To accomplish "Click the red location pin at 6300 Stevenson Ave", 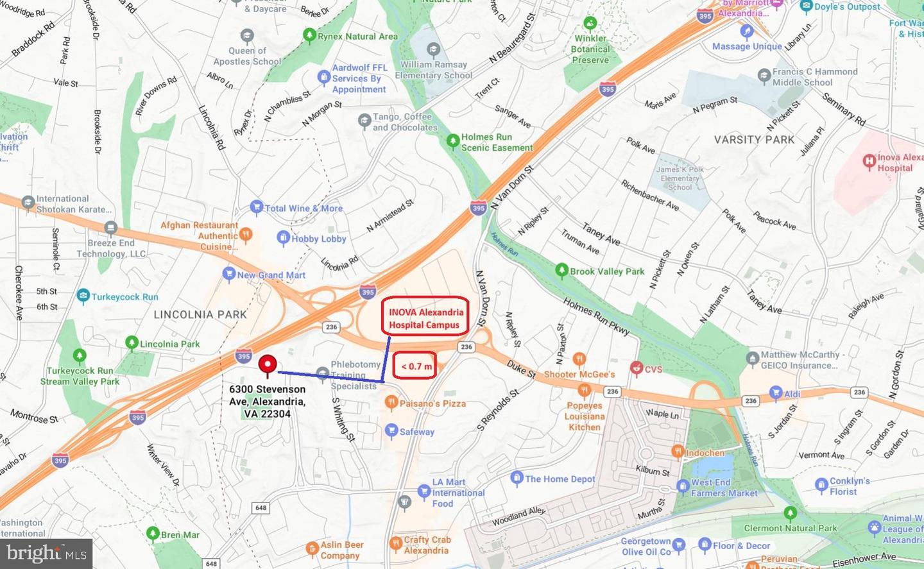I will (268, 365).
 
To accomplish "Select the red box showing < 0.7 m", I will (415, 366).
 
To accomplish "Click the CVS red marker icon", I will (637, 368).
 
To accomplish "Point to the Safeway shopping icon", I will (391, 431).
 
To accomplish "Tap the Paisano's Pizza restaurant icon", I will (391, 403).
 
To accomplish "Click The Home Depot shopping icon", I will (517, 478).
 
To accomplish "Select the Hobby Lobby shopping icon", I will (283, 238).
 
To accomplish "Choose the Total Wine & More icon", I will (257, 207).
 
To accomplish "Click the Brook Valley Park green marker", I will (561, 270).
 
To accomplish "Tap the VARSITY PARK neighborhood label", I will (754, 140).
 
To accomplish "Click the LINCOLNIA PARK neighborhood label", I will (200, 314).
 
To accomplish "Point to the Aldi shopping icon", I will (776, 393).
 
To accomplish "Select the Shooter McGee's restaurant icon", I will (579, 359).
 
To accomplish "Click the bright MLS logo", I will (46, 553).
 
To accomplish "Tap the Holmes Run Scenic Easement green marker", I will (453, 140).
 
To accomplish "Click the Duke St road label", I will (521, 369).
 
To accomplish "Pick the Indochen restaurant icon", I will (678, 452).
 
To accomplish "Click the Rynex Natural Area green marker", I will (309, 35).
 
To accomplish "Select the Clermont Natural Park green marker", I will (791, 513).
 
